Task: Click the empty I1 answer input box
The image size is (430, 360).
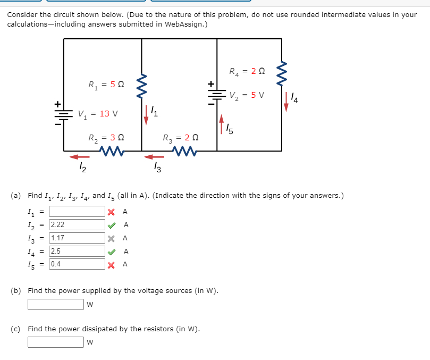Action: click(x=77, y=212)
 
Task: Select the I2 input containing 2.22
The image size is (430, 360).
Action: click(x=77, y=225)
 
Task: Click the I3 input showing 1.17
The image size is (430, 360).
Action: click(x=77, y=238)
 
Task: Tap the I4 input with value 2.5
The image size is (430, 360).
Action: click(x=77, y=251)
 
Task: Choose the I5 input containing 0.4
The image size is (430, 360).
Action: click(x=77, y=264)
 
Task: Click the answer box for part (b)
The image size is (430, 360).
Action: click(x=56, y=305)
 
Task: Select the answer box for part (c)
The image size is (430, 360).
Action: click(x=56, y=342)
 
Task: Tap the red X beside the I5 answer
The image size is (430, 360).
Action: click(x=111, y=264)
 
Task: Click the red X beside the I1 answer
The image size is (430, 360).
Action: click(x=111, y=212)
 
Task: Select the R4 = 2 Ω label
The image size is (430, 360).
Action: click(x=247, y=71)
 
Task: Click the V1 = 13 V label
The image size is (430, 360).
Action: click(x=98, y=113)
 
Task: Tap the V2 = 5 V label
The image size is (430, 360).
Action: click(x=247, y=96)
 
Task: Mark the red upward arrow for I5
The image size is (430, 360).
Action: click(x=222, y=122)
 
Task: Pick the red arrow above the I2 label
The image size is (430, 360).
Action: click(x=81, y=156)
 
